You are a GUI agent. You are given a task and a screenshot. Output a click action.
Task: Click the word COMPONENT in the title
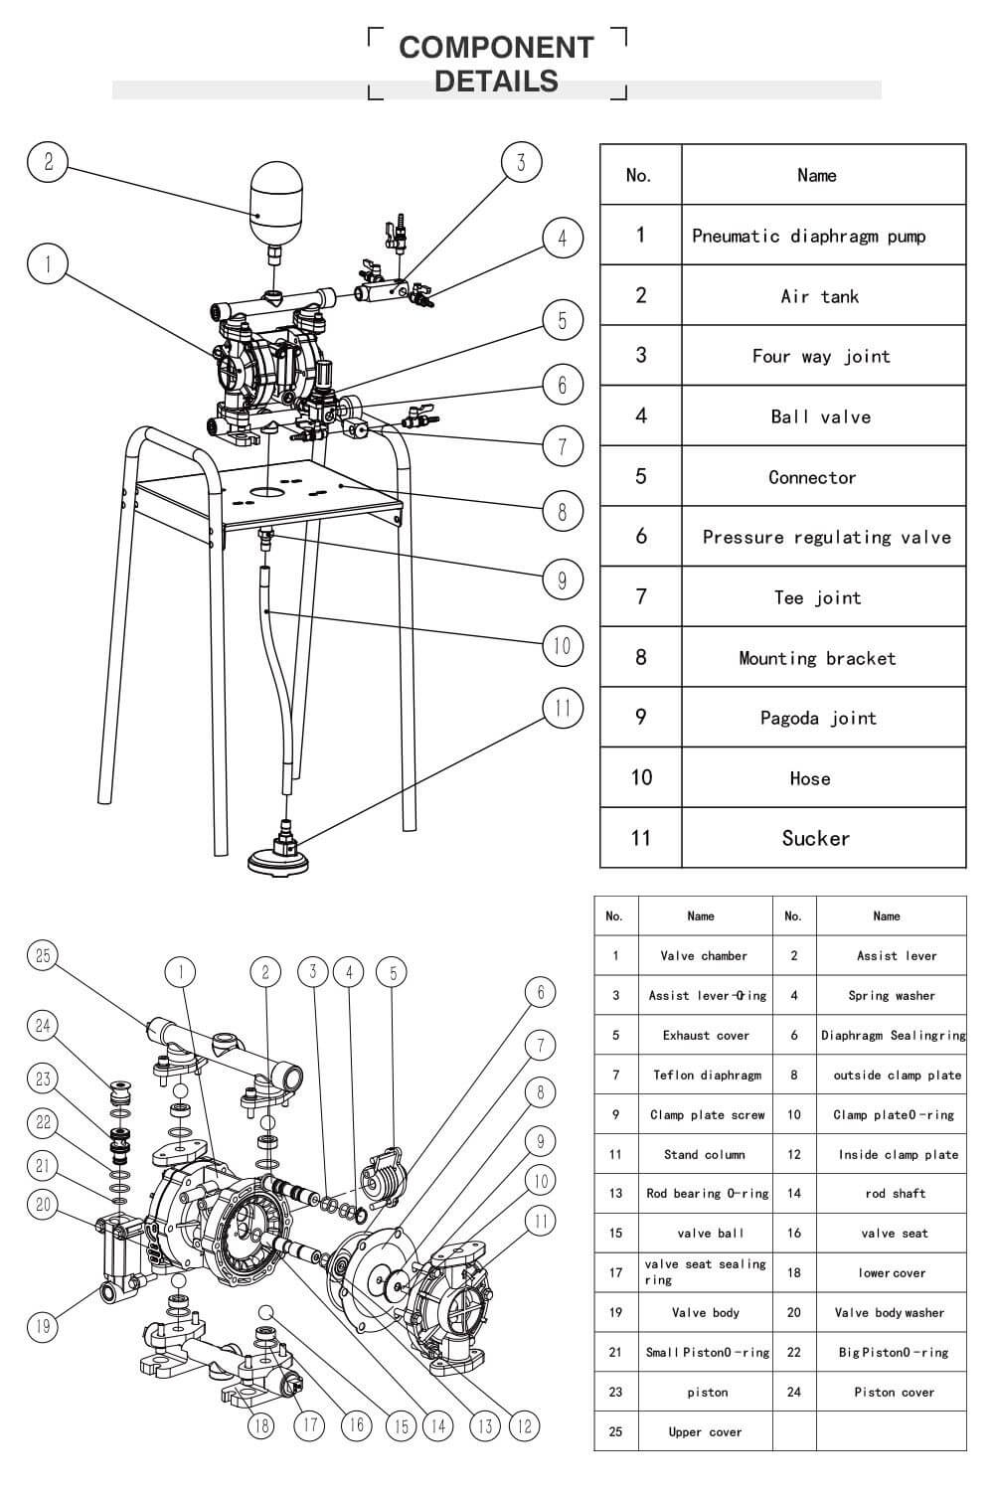pyautogui.click(x=496, y=47)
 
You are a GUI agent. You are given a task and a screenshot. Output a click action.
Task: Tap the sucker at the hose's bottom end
pyautogui.click(x=285, y=854)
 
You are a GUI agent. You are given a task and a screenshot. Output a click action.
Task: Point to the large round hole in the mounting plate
pyautogui.click(x=265, y=491)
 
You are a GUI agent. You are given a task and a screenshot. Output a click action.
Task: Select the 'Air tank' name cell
pyautogui.click(x=819, y=296)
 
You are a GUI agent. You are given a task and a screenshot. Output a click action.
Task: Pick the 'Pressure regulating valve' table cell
pyautogui.click(x=825, y=537)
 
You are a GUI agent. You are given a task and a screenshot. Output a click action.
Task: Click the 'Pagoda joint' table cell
pyautogui.click(x=818, y=718)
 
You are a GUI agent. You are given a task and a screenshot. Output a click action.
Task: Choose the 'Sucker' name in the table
pyautogui.click(x=816, y=838)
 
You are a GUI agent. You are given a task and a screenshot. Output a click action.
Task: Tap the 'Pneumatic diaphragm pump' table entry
pyautogui.click(x=808, y=236)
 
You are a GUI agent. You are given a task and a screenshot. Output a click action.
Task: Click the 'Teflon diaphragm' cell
pyautogui.click(x=706, y=1075)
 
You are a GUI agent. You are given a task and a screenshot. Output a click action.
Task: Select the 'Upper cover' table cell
pyautogui.click(x=705, y=1431)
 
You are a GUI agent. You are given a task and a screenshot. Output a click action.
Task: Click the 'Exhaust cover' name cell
pyautogui.click(x=706, y=1035)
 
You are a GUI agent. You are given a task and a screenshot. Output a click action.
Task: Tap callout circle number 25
pyautogui.click(x=42, y=955)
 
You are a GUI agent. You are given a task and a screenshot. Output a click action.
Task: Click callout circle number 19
pyautogui.click(x=42, y=1325)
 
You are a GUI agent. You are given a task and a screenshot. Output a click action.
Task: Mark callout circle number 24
pyautogui.click(x=42, y=1025)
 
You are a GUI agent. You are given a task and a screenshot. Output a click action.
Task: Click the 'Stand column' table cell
pyautogui.click(x=705, y=1154)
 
